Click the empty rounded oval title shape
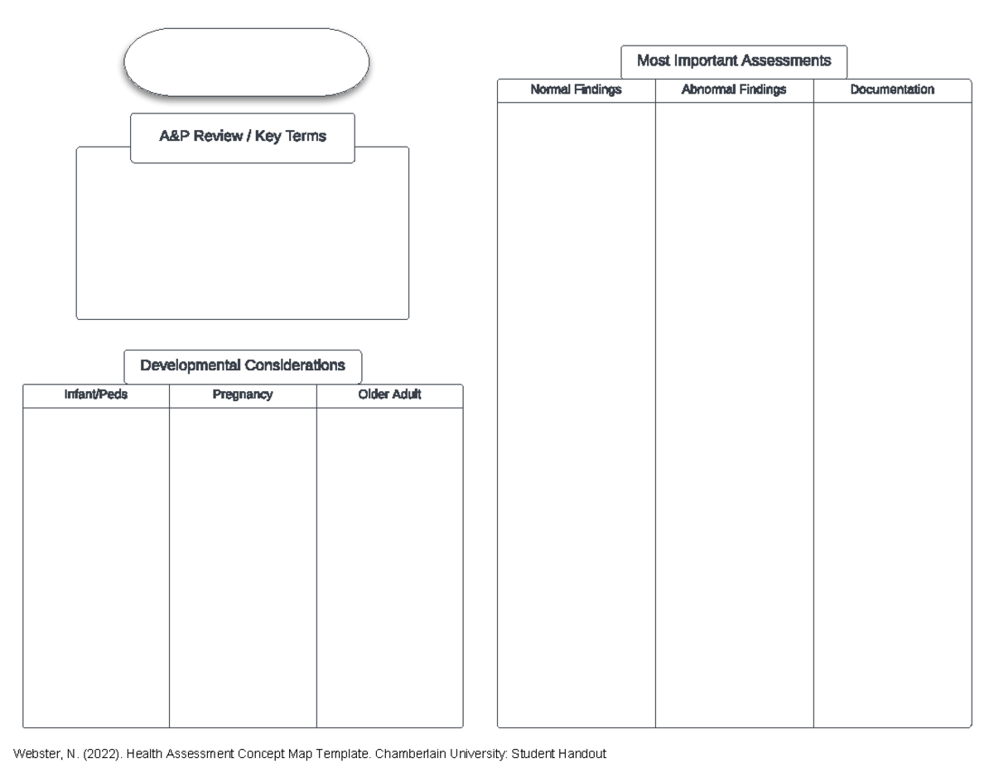[246, 61]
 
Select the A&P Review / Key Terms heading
[243, 137]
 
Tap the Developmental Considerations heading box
[243, 365]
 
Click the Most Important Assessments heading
[734, 60]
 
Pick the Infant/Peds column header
[96, 395]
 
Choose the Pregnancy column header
[243, 395]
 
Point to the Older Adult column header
[389, 395]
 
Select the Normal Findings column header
[576, 89]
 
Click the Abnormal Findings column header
[734, 89]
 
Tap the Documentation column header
[892, 89]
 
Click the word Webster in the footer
[35, 754]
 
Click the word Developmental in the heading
[190, 365]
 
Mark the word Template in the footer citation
[338, 754]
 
